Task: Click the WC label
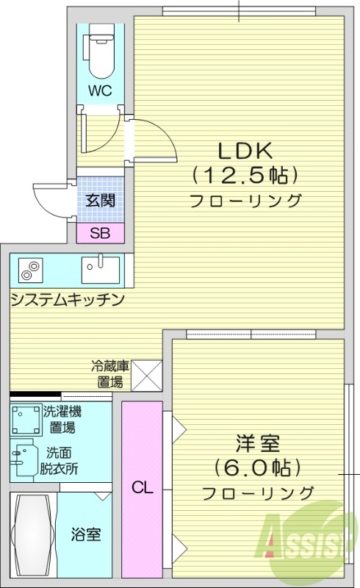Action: pos(101,91)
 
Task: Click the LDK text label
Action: pos(245,151)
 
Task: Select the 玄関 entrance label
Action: pos(100,199)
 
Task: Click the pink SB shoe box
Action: pos(101,234)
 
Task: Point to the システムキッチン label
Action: pos(66,300)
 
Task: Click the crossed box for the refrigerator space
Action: pos(147,374)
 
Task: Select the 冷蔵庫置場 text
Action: pos(110,373)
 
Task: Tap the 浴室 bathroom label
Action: pos(86,534)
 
